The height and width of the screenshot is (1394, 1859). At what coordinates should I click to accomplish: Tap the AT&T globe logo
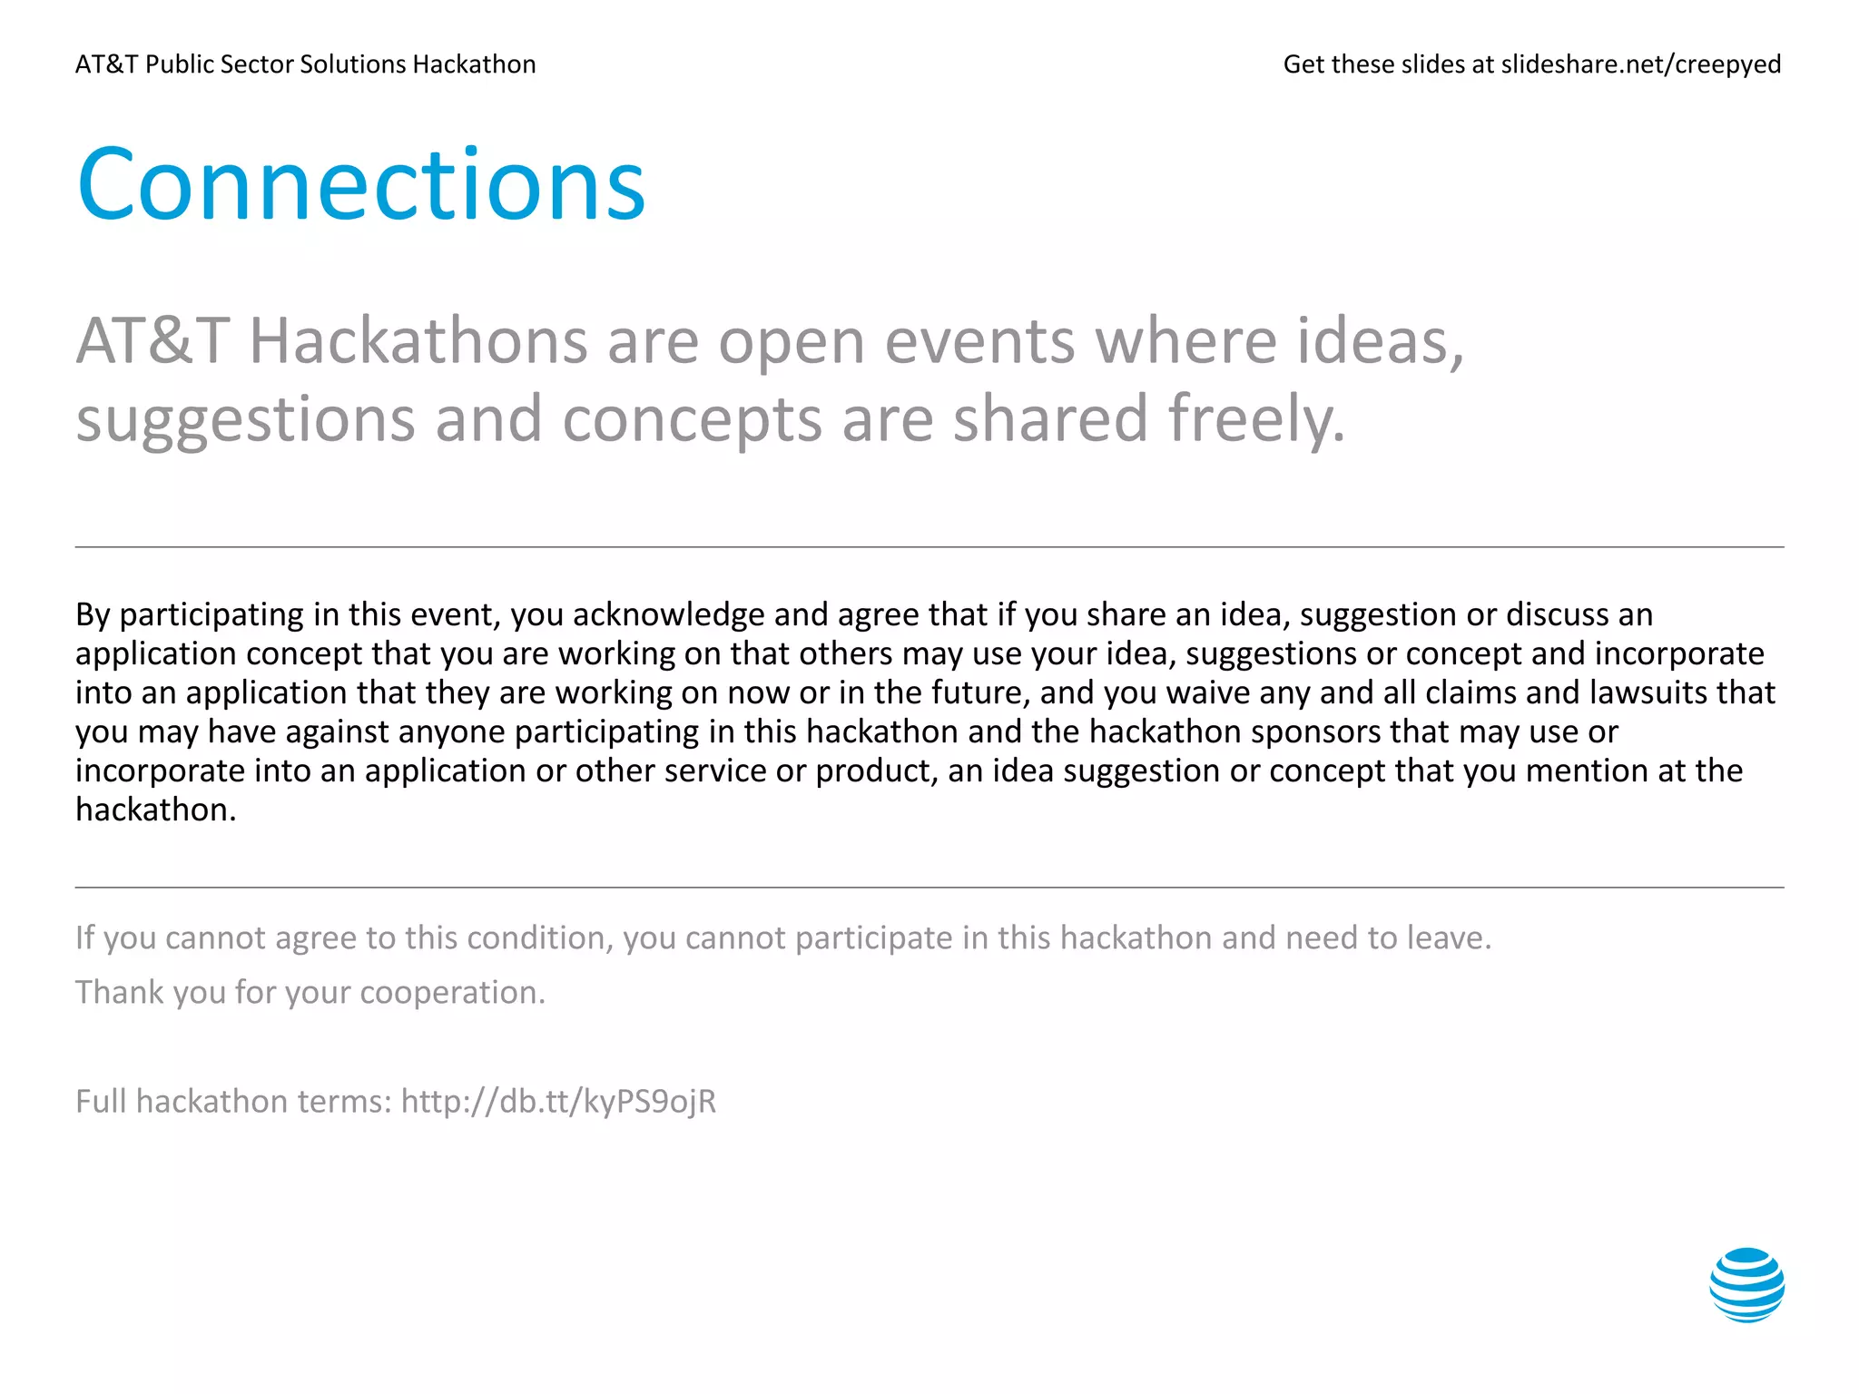[1746, 1284]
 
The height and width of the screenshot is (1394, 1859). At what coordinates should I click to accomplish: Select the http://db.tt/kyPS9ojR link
[558, 1101]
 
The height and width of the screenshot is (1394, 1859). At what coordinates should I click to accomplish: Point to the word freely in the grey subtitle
[1254, 419]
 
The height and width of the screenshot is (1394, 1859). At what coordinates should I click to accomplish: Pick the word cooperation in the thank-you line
[451, 992]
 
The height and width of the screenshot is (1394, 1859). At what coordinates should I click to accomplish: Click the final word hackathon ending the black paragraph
[155, 810]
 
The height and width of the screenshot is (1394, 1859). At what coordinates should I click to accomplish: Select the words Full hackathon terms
[233, 1101]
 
